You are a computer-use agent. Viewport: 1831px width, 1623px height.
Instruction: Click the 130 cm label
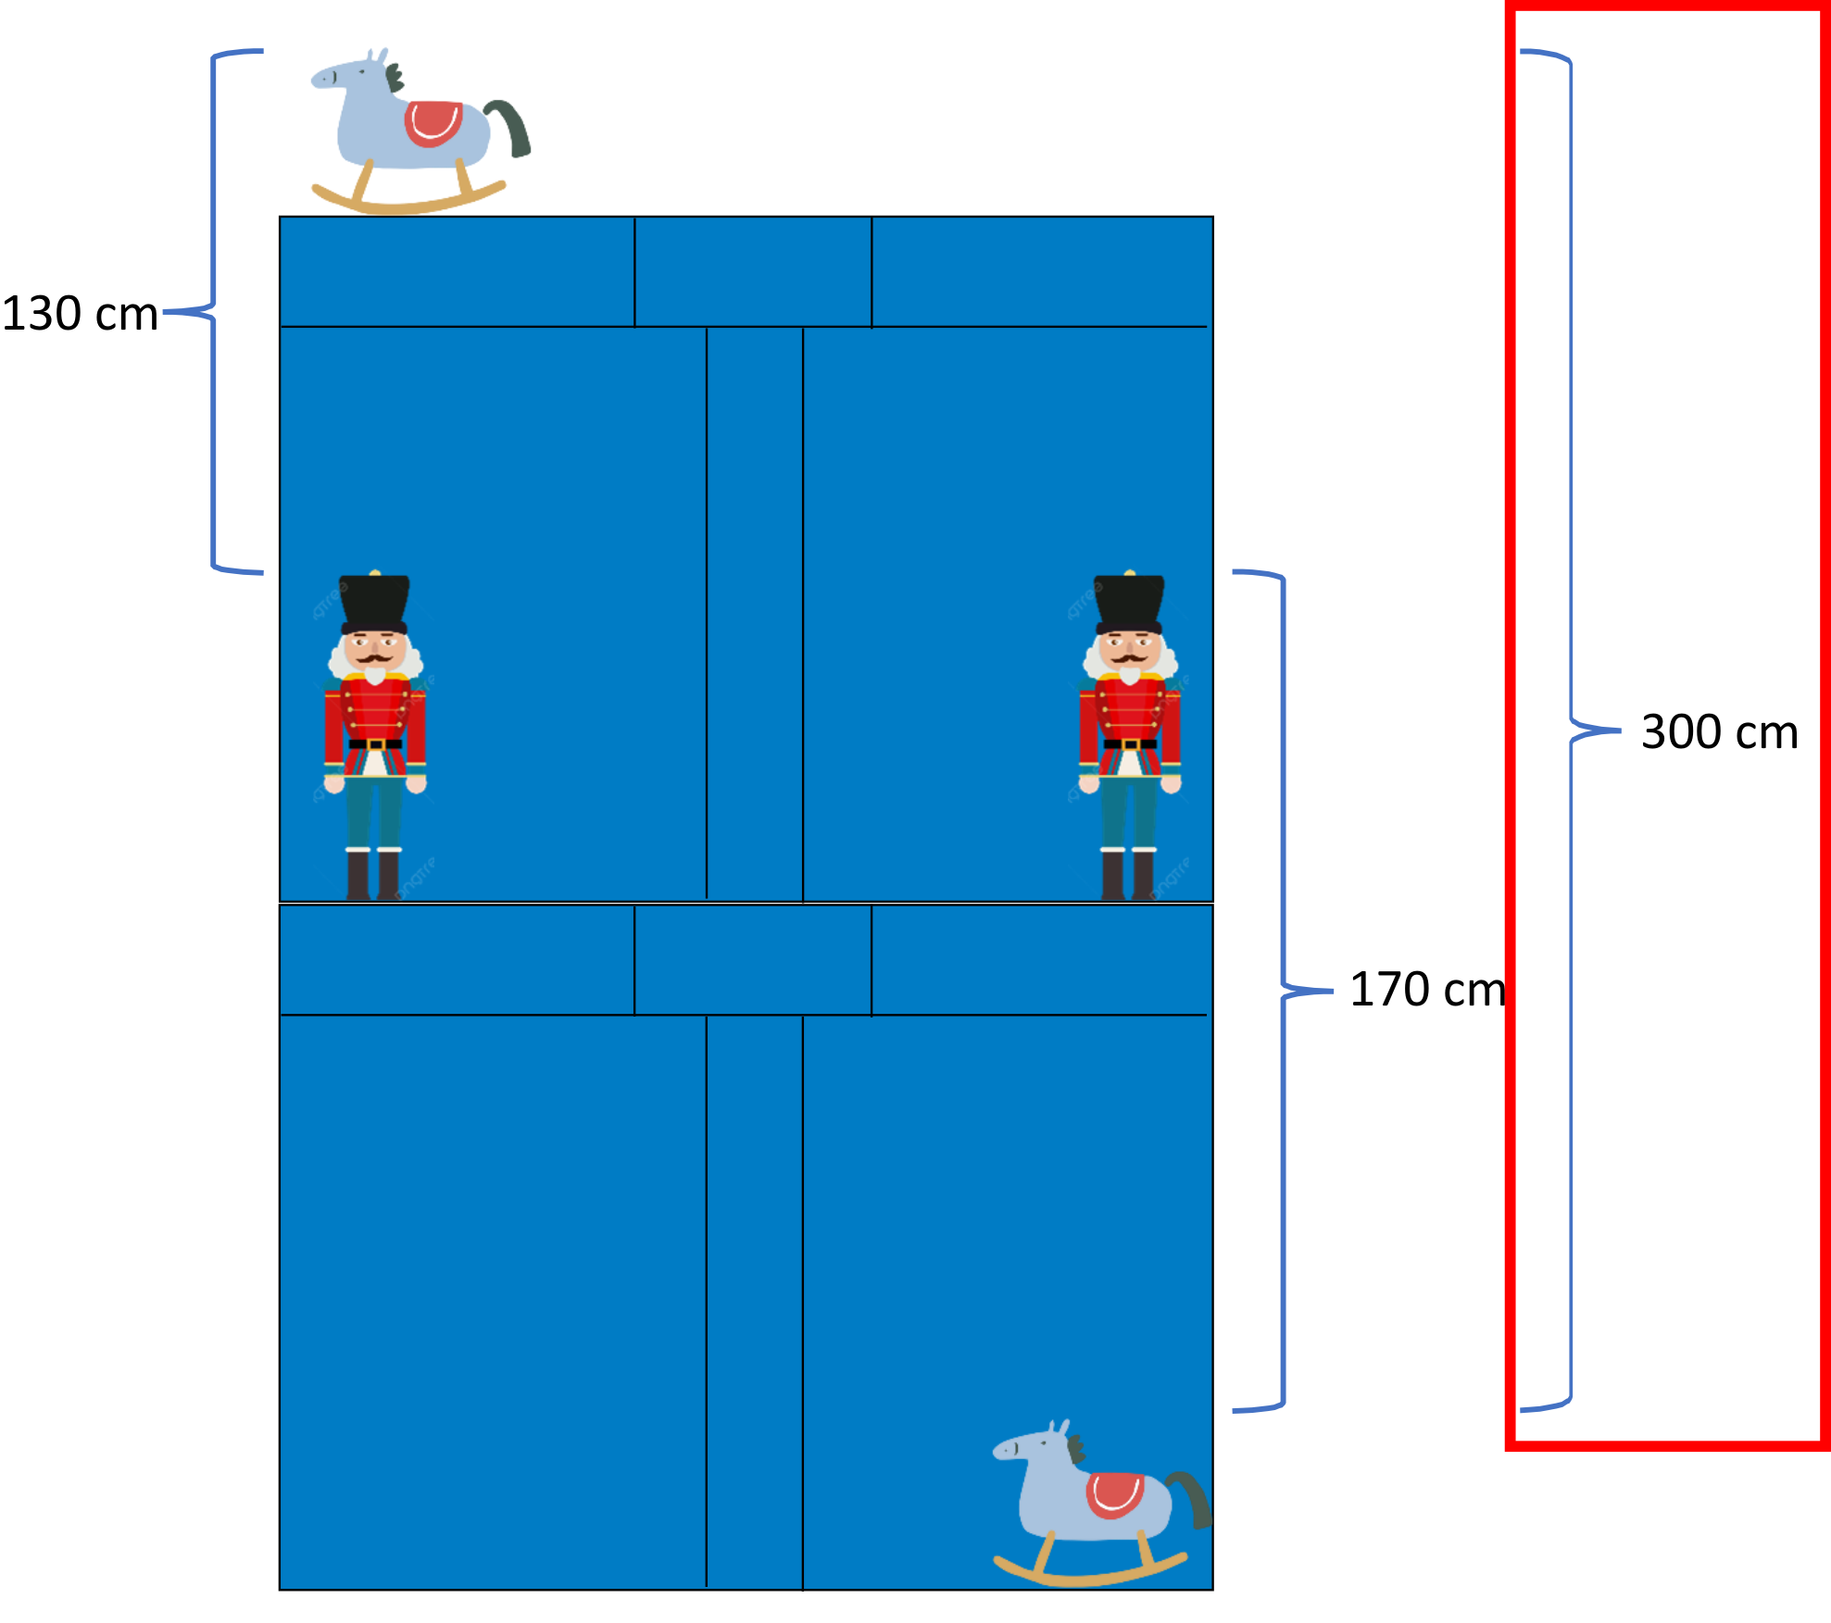pos(82,313)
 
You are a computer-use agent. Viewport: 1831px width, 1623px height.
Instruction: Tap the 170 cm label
pos(1427,989)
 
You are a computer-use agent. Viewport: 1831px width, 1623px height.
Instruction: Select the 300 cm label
pos(1719,731)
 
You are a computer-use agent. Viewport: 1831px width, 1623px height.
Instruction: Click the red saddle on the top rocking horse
pos(433,123)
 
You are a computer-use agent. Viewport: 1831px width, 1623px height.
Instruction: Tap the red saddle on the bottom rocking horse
pos(1115,1494)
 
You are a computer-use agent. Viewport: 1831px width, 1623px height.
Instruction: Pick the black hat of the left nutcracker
pos(374,602)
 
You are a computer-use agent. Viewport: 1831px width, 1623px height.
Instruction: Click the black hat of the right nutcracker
pos(1129,602)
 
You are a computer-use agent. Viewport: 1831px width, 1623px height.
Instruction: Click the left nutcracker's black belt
pos(375,743)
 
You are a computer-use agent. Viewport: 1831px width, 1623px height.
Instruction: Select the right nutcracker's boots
pos(1128,875)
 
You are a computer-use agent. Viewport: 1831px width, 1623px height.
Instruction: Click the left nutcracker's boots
pos(373,875)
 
